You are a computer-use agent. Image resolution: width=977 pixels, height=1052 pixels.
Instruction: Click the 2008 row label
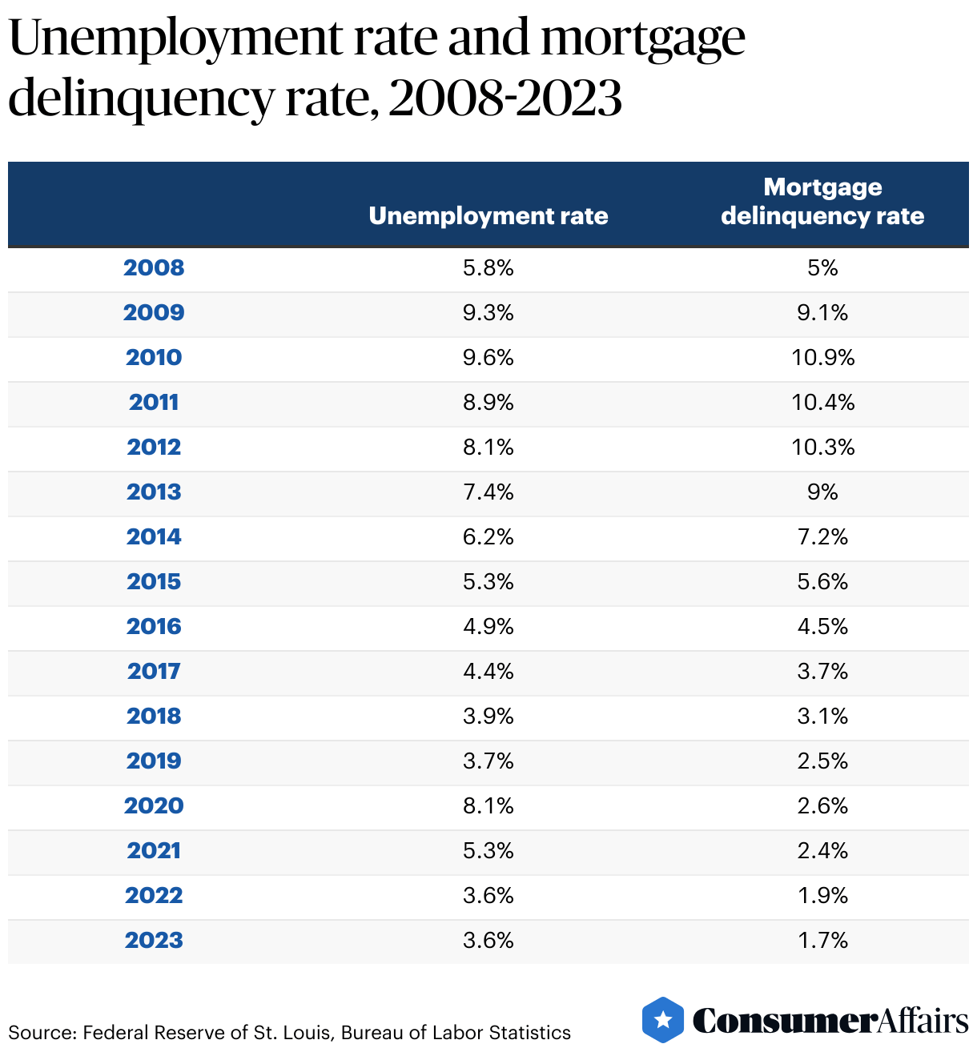154,268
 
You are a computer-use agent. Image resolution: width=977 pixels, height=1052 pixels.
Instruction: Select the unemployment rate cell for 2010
488,358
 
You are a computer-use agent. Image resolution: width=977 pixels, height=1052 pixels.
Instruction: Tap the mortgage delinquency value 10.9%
822,358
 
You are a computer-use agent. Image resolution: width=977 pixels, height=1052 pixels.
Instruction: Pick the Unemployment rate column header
488,216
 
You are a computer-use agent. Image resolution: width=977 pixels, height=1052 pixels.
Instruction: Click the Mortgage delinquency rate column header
822,202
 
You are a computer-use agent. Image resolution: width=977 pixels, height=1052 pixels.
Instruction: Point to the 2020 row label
154,806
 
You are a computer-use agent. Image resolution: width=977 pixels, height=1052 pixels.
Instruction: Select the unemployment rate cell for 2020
488,806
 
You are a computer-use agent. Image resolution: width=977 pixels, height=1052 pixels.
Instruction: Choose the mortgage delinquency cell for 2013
822,492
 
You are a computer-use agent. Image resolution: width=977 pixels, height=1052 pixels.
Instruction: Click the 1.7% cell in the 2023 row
822,941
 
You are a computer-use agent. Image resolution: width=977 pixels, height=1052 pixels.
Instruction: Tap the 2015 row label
154,582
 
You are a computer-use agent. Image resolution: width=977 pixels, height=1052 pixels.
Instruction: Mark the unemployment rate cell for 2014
488,537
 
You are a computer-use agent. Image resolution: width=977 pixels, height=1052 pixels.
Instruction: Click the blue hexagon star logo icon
663,1020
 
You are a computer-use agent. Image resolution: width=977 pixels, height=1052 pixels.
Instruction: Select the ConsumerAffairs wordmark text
830,1021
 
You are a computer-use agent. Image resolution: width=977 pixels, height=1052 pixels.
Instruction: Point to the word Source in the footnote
41,1033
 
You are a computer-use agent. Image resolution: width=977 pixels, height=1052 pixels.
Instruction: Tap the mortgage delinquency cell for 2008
822,268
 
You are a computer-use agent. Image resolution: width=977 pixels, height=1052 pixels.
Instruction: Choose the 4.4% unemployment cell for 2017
488,672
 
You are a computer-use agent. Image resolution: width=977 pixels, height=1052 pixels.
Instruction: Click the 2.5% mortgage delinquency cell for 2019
822,761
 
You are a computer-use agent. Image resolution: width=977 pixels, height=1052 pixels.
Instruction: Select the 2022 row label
154,896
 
